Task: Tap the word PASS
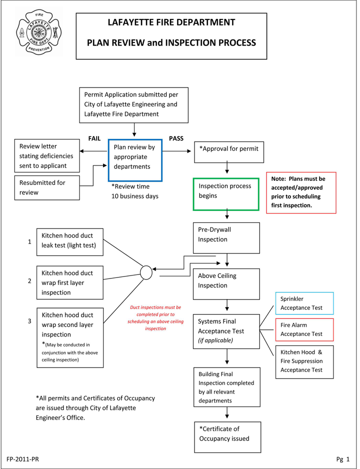pyautogui.click(x=176, y=138)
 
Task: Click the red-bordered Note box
pyautogui.click(x=301, y=192)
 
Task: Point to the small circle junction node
pyautogui.click(x=146, y=273)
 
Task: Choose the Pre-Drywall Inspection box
pyautogui.click(x=226, y=237)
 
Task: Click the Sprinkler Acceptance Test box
pyautogui.click(x=304, y=303)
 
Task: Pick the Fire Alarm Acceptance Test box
pyautogui.click(x=304, y=329)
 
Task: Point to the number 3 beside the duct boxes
pyautogui.click(x=30, y=321)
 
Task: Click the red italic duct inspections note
pyautogui.click(x=155, y=318)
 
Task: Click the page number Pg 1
pyautogui.click(x=342, y=458)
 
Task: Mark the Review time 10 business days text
pyautogui.click(x=134, y=191)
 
